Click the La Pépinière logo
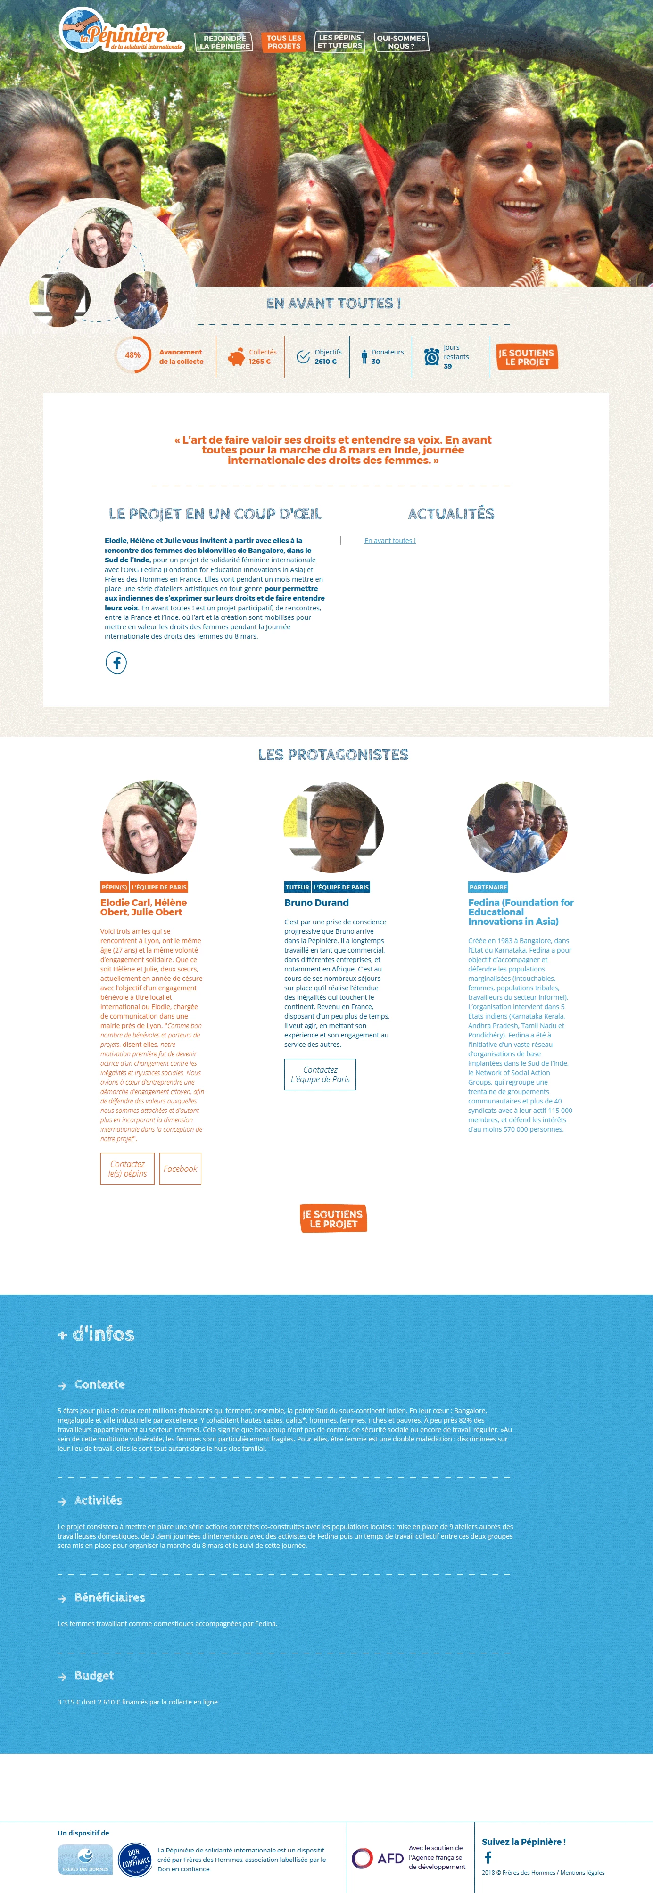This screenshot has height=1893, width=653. coord(120,31)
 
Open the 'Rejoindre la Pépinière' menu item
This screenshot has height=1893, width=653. coord(224,42)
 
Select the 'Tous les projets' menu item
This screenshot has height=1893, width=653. coord(284,42)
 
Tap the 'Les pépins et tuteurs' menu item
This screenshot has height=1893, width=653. coord(340,41)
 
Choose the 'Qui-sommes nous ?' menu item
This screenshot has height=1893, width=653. coord(401,42)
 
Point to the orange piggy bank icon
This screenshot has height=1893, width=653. coord(237,357)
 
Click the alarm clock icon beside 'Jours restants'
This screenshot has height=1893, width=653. coord(432,356)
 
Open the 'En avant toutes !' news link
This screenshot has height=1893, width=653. coord(390,541)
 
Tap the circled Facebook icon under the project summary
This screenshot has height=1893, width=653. coord(116,663)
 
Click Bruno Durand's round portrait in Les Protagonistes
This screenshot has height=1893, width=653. coord(334,827)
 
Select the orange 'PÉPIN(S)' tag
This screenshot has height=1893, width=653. coord(114,887)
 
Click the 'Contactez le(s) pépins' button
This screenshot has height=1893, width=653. coord(127,1169)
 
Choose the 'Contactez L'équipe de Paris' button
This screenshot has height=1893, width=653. coord(320,1074)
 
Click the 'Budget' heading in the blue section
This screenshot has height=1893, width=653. coord(94,1676)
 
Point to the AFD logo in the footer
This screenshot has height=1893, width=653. coord(377,1858)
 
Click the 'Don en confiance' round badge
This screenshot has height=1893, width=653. coord(135,1859)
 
